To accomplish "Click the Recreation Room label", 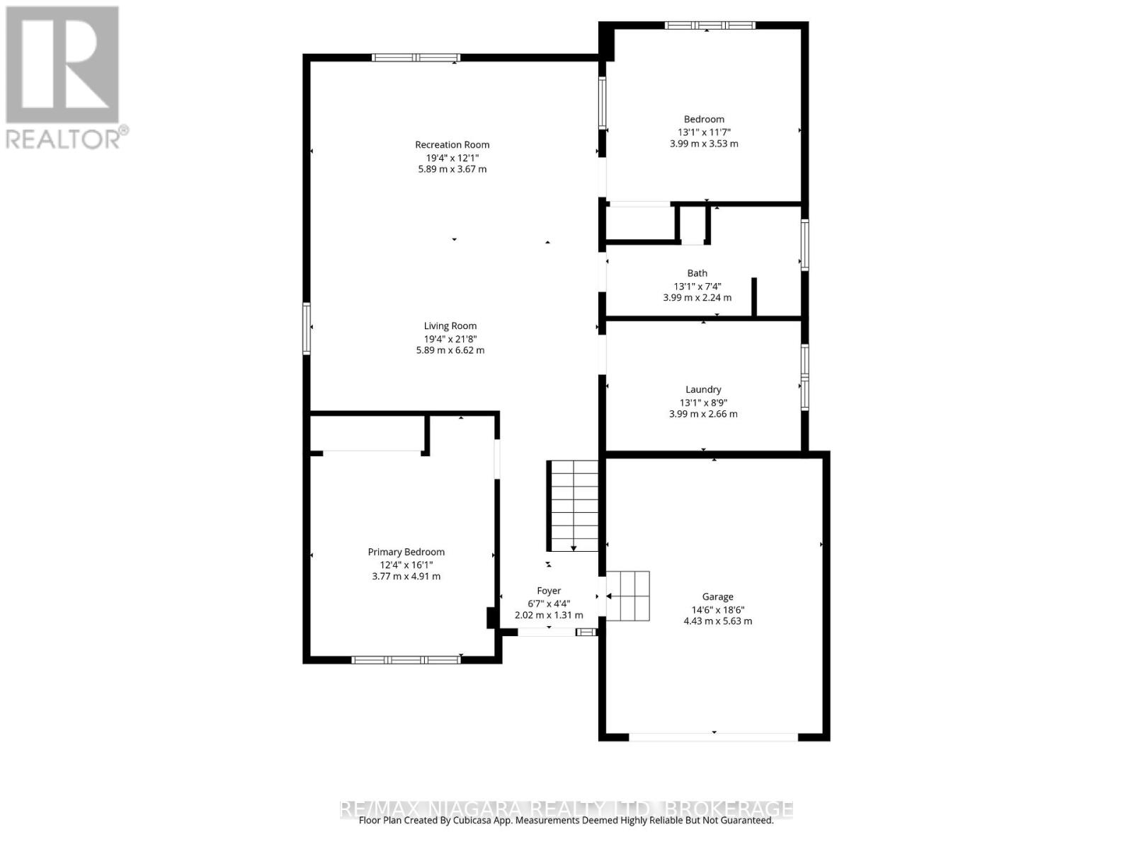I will (452, 145).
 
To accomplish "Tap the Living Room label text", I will (450, 326).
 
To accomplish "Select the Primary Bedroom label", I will (406, 552).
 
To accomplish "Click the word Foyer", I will (549, 591).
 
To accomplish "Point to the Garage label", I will (717, 596).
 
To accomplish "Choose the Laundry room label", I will (703, 389).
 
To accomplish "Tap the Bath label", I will (697, 273).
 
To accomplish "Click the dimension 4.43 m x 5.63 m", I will (717, 621).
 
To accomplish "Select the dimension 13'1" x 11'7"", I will (704, 132).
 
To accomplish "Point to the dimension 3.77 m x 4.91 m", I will (406, 577).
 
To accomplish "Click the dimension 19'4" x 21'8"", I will (450, 338).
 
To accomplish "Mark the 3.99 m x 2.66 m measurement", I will (703, 414).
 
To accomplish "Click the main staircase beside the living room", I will (572, 505).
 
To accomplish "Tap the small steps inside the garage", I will (627, 596).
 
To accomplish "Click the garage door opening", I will (714, 737).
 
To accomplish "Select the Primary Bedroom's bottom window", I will (406, 660).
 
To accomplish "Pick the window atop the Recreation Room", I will (416, 58).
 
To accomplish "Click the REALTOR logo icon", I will (62, 65).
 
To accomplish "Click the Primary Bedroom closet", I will (368, 433).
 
